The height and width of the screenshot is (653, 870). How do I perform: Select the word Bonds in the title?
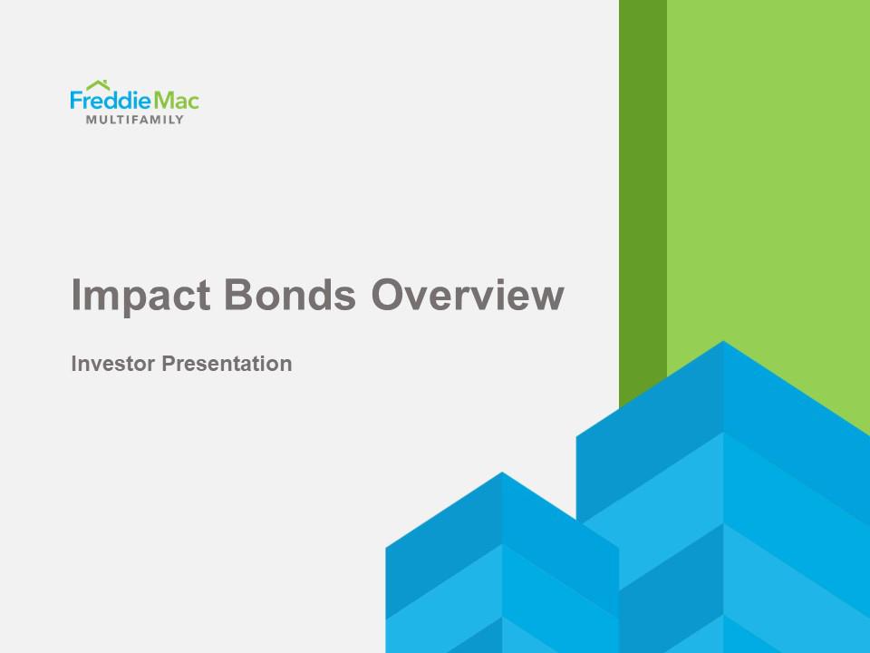[x=289, y=296]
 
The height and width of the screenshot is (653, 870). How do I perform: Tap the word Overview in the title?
[x=466, y=296]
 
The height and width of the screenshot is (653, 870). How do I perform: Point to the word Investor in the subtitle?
[x=112, y=365]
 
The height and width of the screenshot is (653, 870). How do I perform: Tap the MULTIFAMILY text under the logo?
[x=134, y=120]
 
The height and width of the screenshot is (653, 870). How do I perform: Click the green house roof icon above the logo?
[x=98, y=85]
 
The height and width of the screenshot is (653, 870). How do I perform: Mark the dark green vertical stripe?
[x=643, y=181]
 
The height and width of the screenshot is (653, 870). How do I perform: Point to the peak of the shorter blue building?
[x=502, y=474]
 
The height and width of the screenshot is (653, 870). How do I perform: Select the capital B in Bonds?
[x=237, y=296]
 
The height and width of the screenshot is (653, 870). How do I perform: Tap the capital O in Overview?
[x=388, y=296]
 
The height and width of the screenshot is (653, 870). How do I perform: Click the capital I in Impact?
[x=76, y=296]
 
